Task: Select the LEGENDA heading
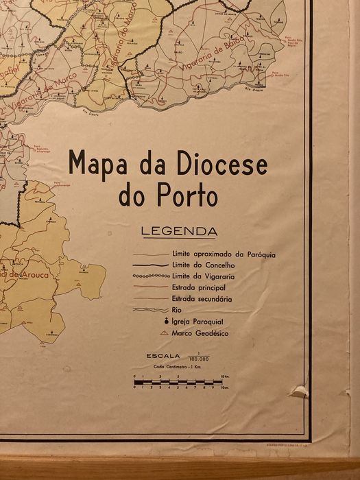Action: coord(178,231)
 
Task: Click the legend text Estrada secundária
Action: coord(202,298)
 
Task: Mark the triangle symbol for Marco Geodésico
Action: coord(164,333)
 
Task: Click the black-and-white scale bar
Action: coord(175,381)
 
